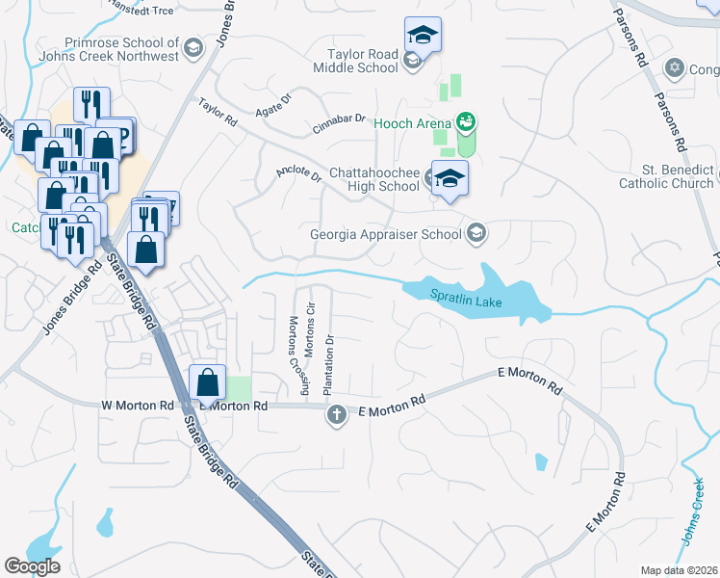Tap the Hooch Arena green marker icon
[467, 121]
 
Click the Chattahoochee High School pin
[450, 179]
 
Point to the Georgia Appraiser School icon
[476, 232]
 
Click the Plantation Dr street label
[329, 366]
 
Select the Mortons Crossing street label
[298, 356]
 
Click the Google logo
[32, 566]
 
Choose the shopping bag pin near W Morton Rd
[207, 381]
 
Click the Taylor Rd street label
[218, 113]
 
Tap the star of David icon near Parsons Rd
[675, 67]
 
